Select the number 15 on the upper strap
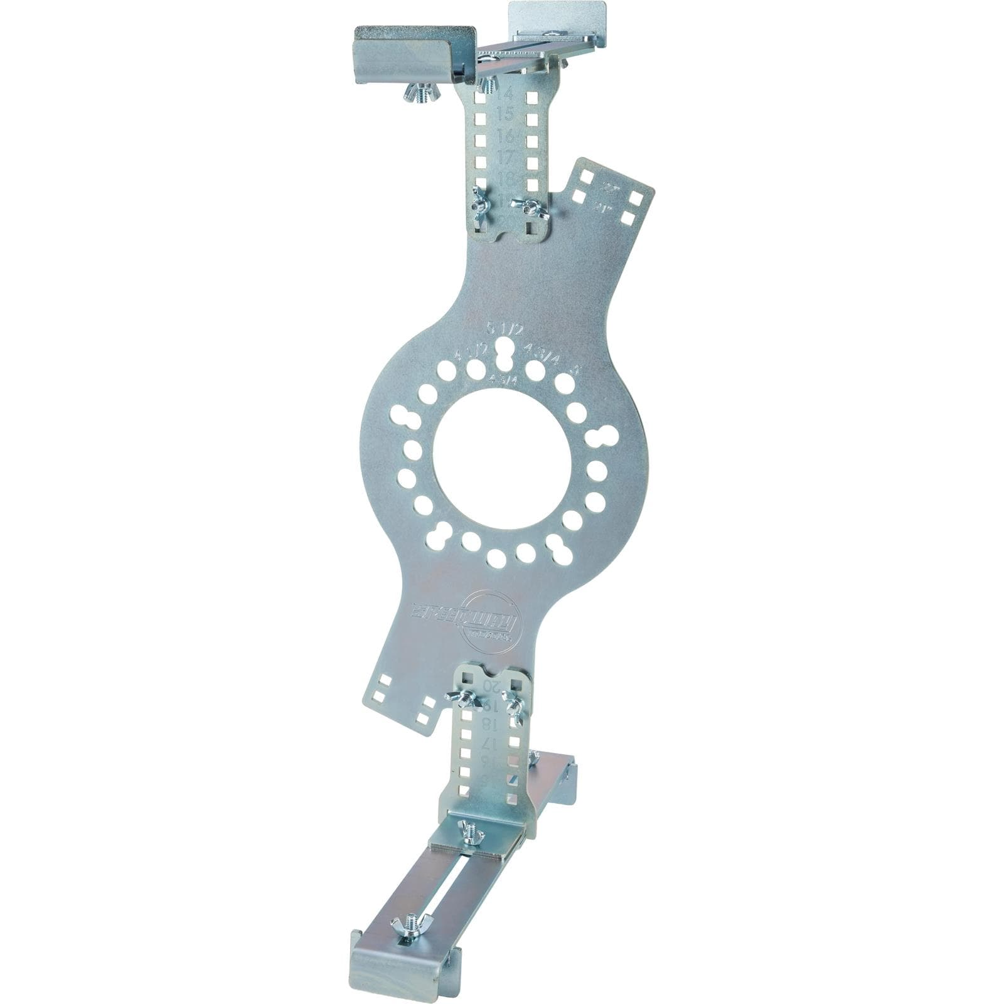(505, 115)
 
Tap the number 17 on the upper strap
(506, 158)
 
